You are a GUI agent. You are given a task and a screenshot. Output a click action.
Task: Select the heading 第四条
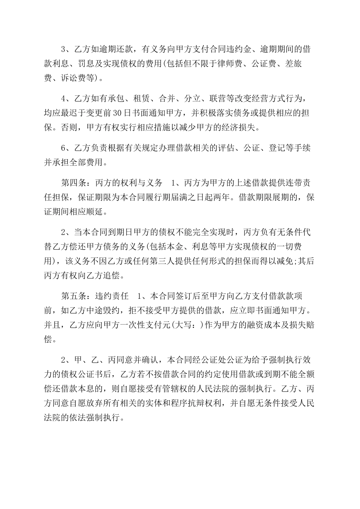coord(74,184)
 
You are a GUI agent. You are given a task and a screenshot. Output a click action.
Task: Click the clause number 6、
coord(67,149)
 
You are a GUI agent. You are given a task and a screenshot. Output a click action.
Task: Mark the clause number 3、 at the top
coord(67,50)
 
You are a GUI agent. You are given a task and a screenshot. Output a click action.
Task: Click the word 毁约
coord(112,311)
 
